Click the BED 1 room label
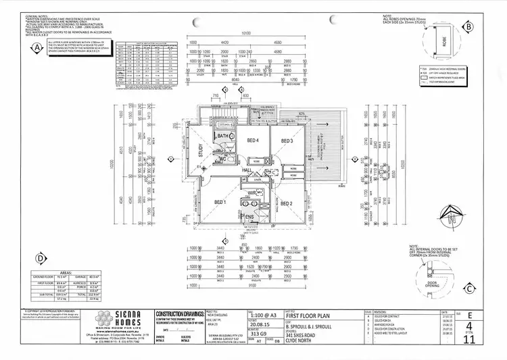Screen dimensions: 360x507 click(x=220, y=202)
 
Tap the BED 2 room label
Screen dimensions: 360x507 click(x=286, y=203)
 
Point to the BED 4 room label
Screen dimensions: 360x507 click(x=252, y=140)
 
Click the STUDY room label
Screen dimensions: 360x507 click(x=201, y=151)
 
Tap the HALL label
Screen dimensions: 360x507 click(x=247, y=171)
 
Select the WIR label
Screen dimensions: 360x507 click(x=251, y=193)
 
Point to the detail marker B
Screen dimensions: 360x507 click(x=468, y=26)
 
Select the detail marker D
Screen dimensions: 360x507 click(x=41, y=257)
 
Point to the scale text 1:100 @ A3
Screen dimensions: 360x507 click(x=239, y=315)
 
